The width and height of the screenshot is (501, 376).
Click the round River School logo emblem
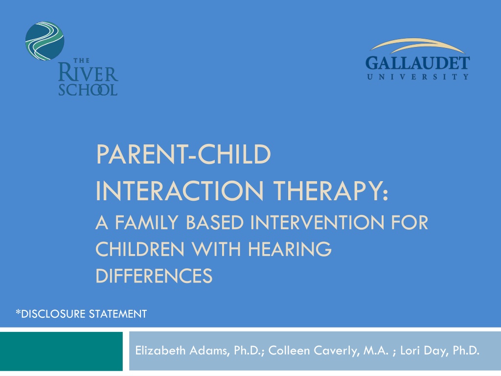[x=45, y=41]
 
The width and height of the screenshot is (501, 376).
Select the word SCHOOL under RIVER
[x=88, y=90]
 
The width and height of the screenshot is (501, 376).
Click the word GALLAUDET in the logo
[x=418, y=63]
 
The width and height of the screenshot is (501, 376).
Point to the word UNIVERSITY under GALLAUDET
[x=418, y=77]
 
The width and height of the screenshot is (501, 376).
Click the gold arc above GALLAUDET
[x=418, y=45]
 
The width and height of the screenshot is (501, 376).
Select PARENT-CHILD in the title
[x=183, y=154]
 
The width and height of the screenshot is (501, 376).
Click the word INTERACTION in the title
[x=180, y=191]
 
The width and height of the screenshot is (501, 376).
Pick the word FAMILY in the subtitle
[x=146, y=222]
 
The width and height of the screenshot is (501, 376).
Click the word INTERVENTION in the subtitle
[x=317, y=222]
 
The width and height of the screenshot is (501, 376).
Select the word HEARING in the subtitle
[x=290, y=249]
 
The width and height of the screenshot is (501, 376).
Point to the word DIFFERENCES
[x=154, y=276]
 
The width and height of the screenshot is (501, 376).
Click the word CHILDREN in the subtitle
[x=140, y=249]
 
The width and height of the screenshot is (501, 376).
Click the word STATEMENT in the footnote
[x=117, y=314]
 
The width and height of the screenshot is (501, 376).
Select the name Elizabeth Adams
[x=181, y=351]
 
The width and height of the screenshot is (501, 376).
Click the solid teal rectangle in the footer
[x=61, y=351]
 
